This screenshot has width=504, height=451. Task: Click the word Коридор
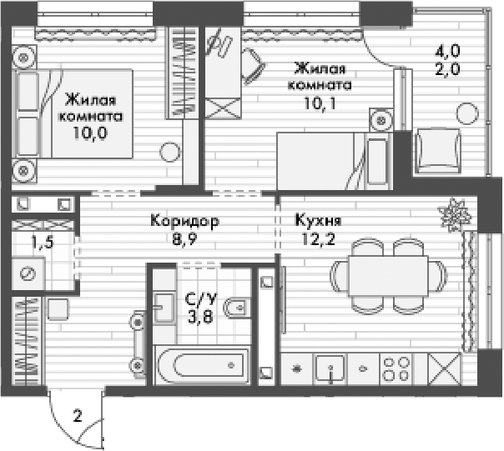[184, 221]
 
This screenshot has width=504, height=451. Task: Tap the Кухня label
[318, 221]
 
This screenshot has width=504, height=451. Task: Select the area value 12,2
[318, 239]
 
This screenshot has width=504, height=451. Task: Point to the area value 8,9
[184, 239]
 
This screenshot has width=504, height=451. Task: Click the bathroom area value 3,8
[200, 318]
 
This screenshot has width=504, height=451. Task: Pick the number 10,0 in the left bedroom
[90, 133]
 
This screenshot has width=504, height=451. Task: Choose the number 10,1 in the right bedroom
[320, 103]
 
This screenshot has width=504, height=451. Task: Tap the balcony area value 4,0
[447, 51]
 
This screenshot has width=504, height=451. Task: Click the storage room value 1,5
[42, 243]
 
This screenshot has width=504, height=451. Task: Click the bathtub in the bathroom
[202, 365]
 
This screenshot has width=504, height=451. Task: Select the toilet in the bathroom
[237, 308]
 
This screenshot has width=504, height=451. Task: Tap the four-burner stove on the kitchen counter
[396, 368]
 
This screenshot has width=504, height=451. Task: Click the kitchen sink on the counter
[330, 368]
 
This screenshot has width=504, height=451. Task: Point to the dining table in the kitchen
[388, 276]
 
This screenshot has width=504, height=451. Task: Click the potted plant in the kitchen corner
[455, 214]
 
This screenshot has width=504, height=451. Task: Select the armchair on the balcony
[438, 151]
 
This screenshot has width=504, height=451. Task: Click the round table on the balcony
[467, 113]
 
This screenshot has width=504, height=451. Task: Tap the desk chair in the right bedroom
[254, 66]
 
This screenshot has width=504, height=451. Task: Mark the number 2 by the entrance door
[78, 416]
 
